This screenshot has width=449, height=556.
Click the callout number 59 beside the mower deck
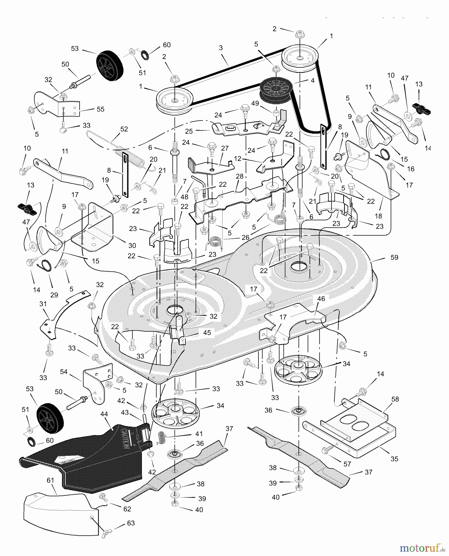[394, 257]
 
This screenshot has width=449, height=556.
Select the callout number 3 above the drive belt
[221, 48]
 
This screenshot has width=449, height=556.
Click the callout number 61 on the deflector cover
[50, 480]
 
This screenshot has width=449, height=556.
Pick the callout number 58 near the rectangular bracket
[395, 399]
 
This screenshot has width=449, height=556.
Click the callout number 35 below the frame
[394, 459]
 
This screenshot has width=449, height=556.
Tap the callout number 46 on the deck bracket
[321, 299]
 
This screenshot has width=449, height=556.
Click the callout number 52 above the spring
[124, 129]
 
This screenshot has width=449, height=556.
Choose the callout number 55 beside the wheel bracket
[100, 109]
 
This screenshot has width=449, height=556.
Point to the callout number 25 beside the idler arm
[189, 131]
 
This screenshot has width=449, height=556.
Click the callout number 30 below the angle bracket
[132, 246]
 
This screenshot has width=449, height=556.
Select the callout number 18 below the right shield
[378, 216]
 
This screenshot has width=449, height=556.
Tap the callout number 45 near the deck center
[207, 333]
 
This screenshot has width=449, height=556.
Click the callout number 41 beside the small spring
[199, 433]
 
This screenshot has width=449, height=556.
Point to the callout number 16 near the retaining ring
[410, 169]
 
